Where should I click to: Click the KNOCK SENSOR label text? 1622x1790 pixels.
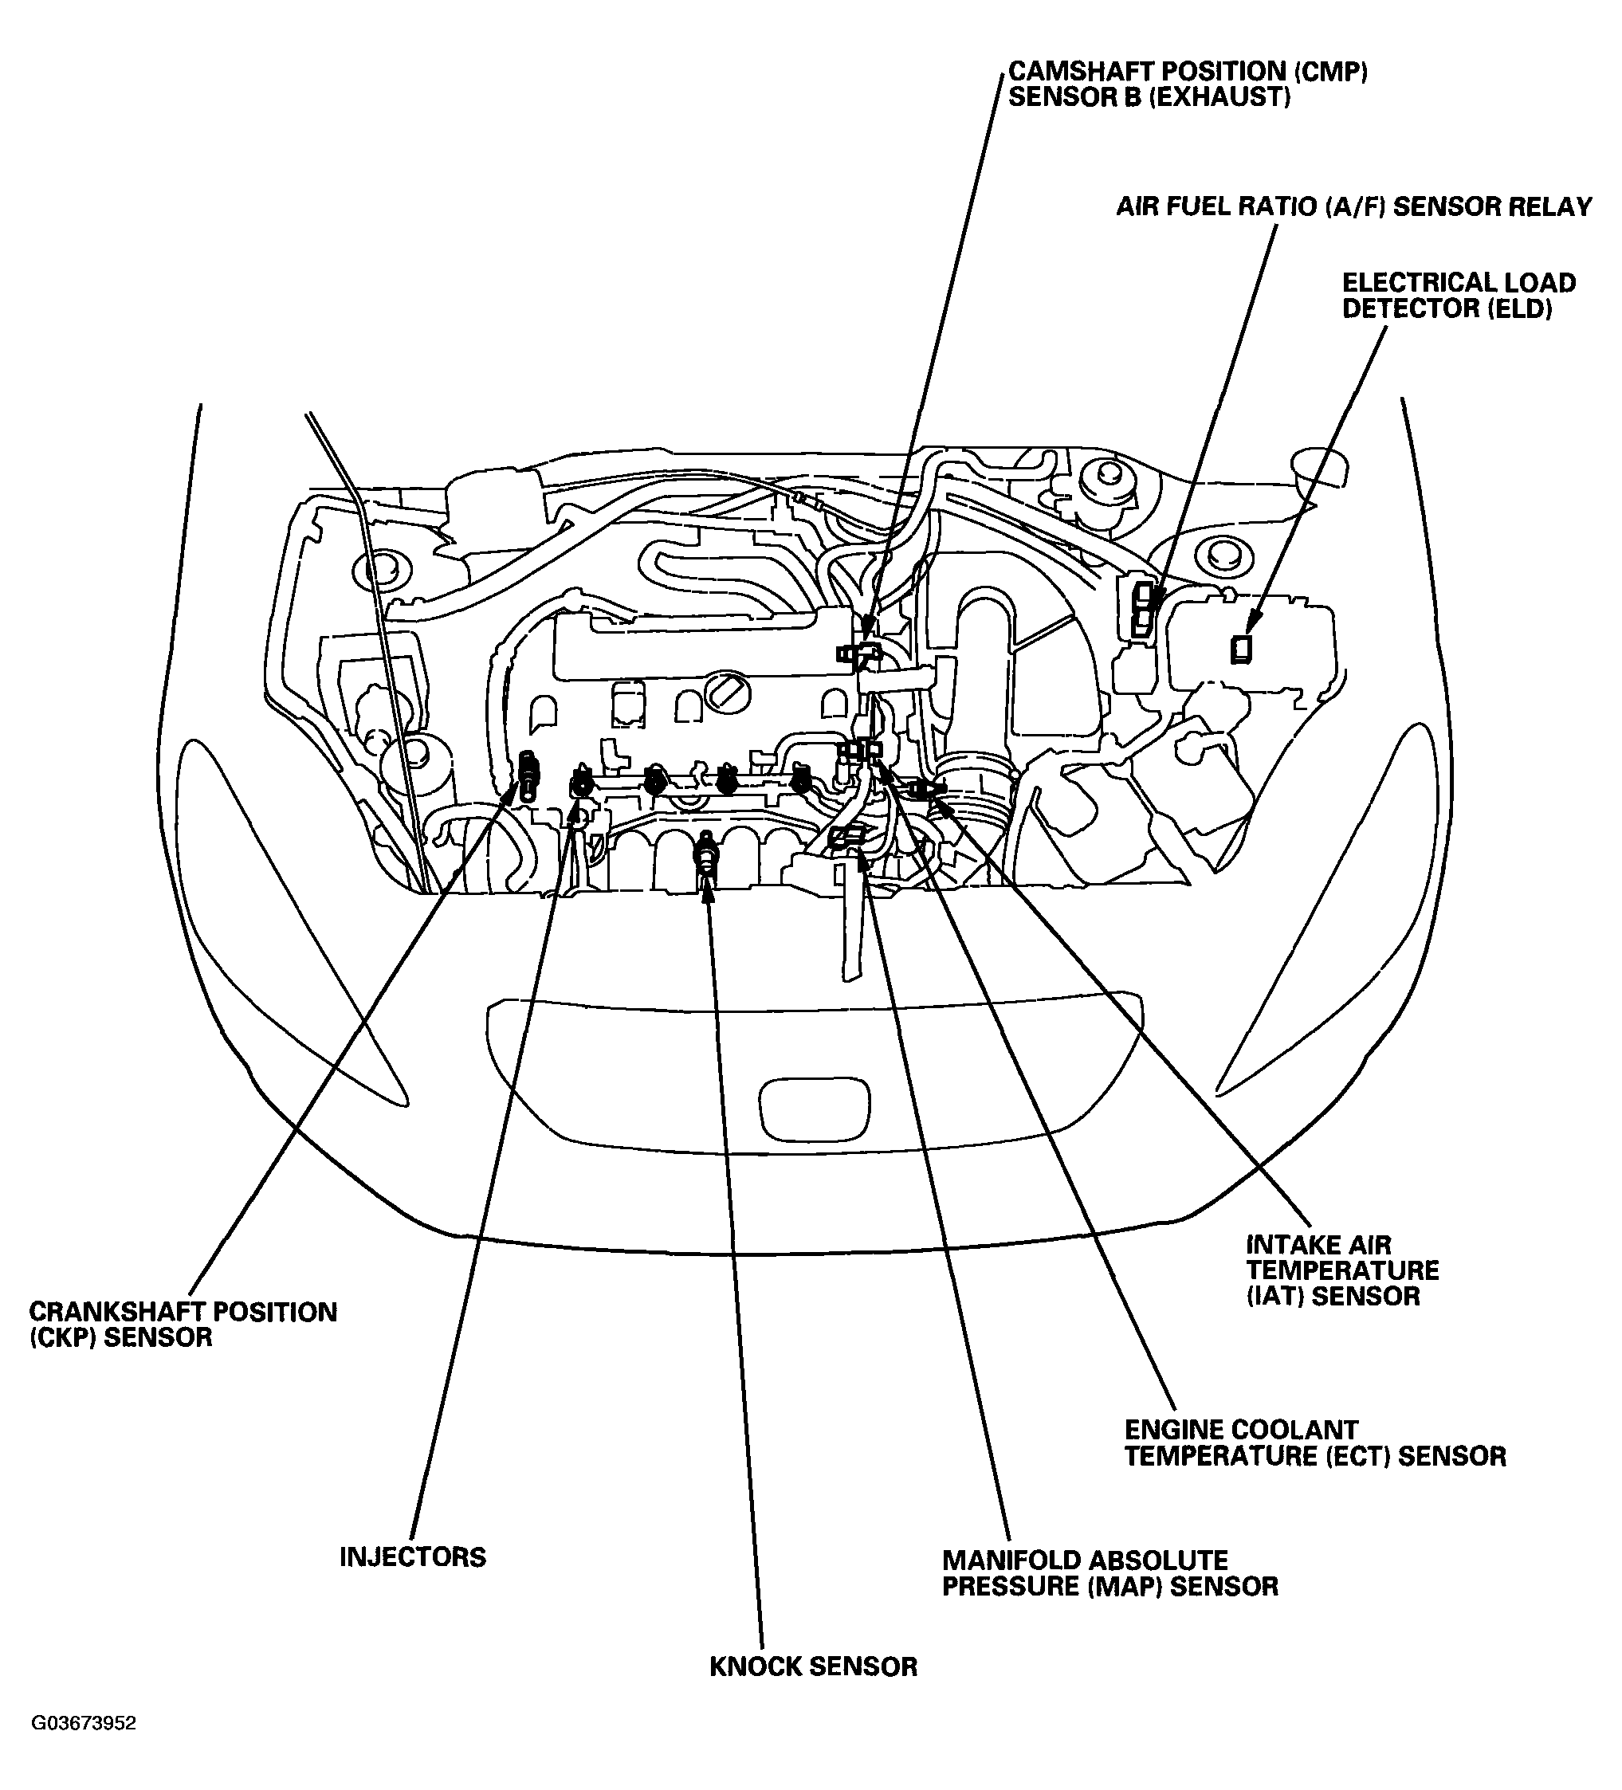[812, 1666]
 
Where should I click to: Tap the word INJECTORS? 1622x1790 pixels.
[412, 1556]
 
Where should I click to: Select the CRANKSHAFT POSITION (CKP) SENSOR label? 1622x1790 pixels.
[182, 1325]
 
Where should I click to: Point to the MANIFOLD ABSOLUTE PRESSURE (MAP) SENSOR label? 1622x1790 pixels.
[1109, 1573]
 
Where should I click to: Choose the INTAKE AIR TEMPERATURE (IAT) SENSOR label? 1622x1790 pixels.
[1341, 1270]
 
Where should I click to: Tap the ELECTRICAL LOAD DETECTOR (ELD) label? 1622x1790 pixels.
[1458, 296]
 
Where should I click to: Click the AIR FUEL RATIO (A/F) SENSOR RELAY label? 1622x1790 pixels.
[1353, 207]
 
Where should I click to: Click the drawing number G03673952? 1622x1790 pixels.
[84, 1749]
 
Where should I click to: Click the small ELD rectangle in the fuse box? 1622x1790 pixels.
[1240, 649]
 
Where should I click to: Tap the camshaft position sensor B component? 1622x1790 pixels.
[858, 654]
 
